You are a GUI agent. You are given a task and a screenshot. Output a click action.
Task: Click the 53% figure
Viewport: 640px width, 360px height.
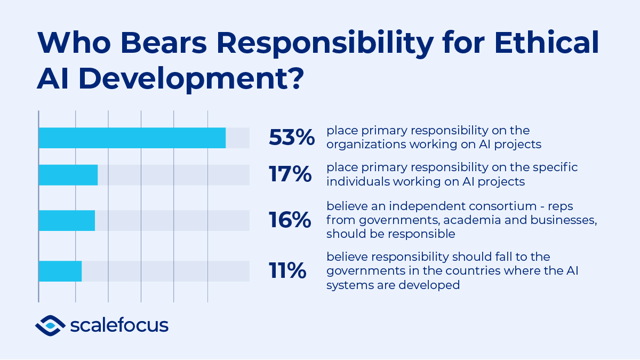click(x=292, y=138)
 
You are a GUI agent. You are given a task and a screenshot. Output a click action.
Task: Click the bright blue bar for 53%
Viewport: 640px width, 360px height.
click(x=132, y=138)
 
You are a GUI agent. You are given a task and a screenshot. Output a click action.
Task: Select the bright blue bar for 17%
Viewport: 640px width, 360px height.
click(x=68, y=175)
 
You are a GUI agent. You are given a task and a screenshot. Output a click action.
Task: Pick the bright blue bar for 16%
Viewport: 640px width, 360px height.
click(x=67, y=220)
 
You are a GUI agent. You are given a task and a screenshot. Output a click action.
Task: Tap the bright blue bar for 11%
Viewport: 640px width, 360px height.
click(x=60, y=271)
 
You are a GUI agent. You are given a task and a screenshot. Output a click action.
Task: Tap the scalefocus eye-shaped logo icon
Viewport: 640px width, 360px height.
click(x=50, y=325)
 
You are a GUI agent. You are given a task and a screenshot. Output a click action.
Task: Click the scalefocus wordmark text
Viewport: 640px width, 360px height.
click(x=119, y=325)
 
